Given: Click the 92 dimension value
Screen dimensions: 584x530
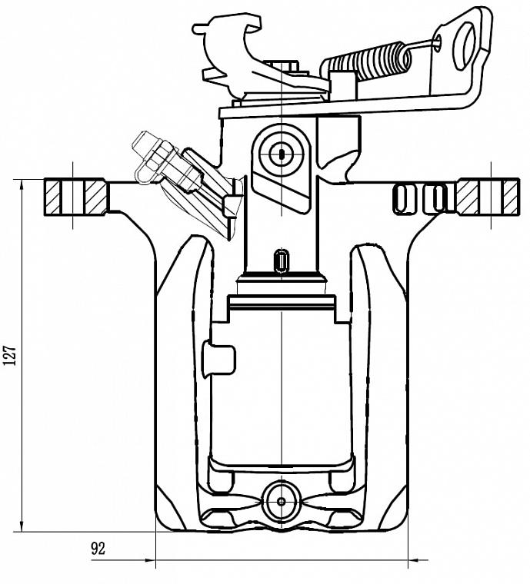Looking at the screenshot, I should [98, 549].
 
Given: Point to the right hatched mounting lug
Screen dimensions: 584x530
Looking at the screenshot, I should [487, 197].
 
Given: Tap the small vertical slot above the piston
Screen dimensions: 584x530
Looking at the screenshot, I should [282, 260].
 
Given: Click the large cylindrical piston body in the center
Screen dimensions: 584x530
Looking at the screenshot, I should [282, 384].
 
